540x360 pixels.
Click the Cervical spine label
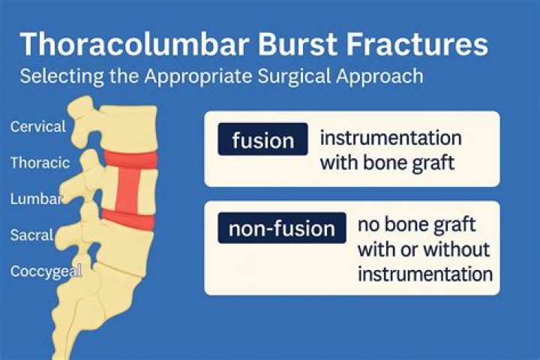pyautogui.click(x=37, y=126)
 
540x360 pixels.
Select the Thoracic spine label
pyautogui.click(x=40, y=162)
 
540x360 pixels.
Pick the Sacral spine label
pyautogui.click(x=31, y=235)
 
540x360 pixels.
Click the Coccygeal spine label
pyautogui.click(x=46, y=271)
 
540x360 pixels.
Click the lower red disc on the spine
pyautogui.click(x=128, y=218)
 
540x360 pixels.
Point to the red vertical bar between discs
pyautogui.click(x=129, y=188)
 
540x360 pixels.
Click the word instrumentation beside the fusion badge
pyautogui.click(x=390, y=139)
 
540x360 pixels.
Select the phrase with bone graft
pyautogui.click(x=387, y=163)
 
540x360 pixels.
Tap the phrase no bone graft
pyautogui.click(x=416, y=224)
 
